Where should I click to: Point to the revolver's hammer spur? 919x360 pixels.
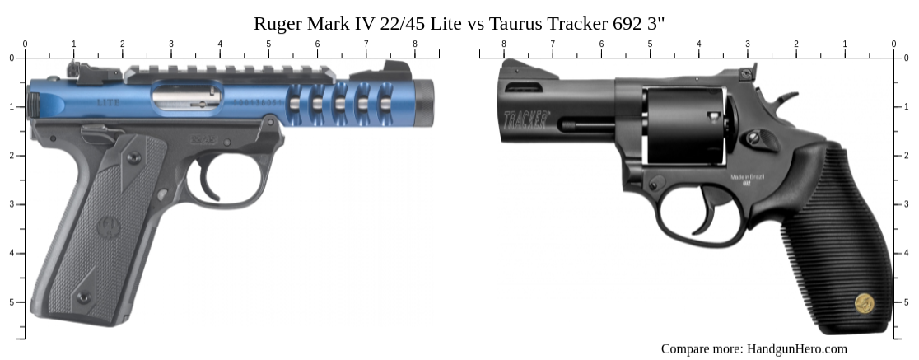click(x=786, y=100)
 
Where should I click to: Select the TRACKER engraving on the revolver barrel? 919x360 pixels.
click(x=526, y=117)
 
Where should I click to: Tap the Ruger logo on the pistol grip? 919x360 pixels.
click(x=108, y=224)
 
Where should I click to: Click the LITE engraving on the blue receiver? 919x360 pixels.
click(x=108, y=103)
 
